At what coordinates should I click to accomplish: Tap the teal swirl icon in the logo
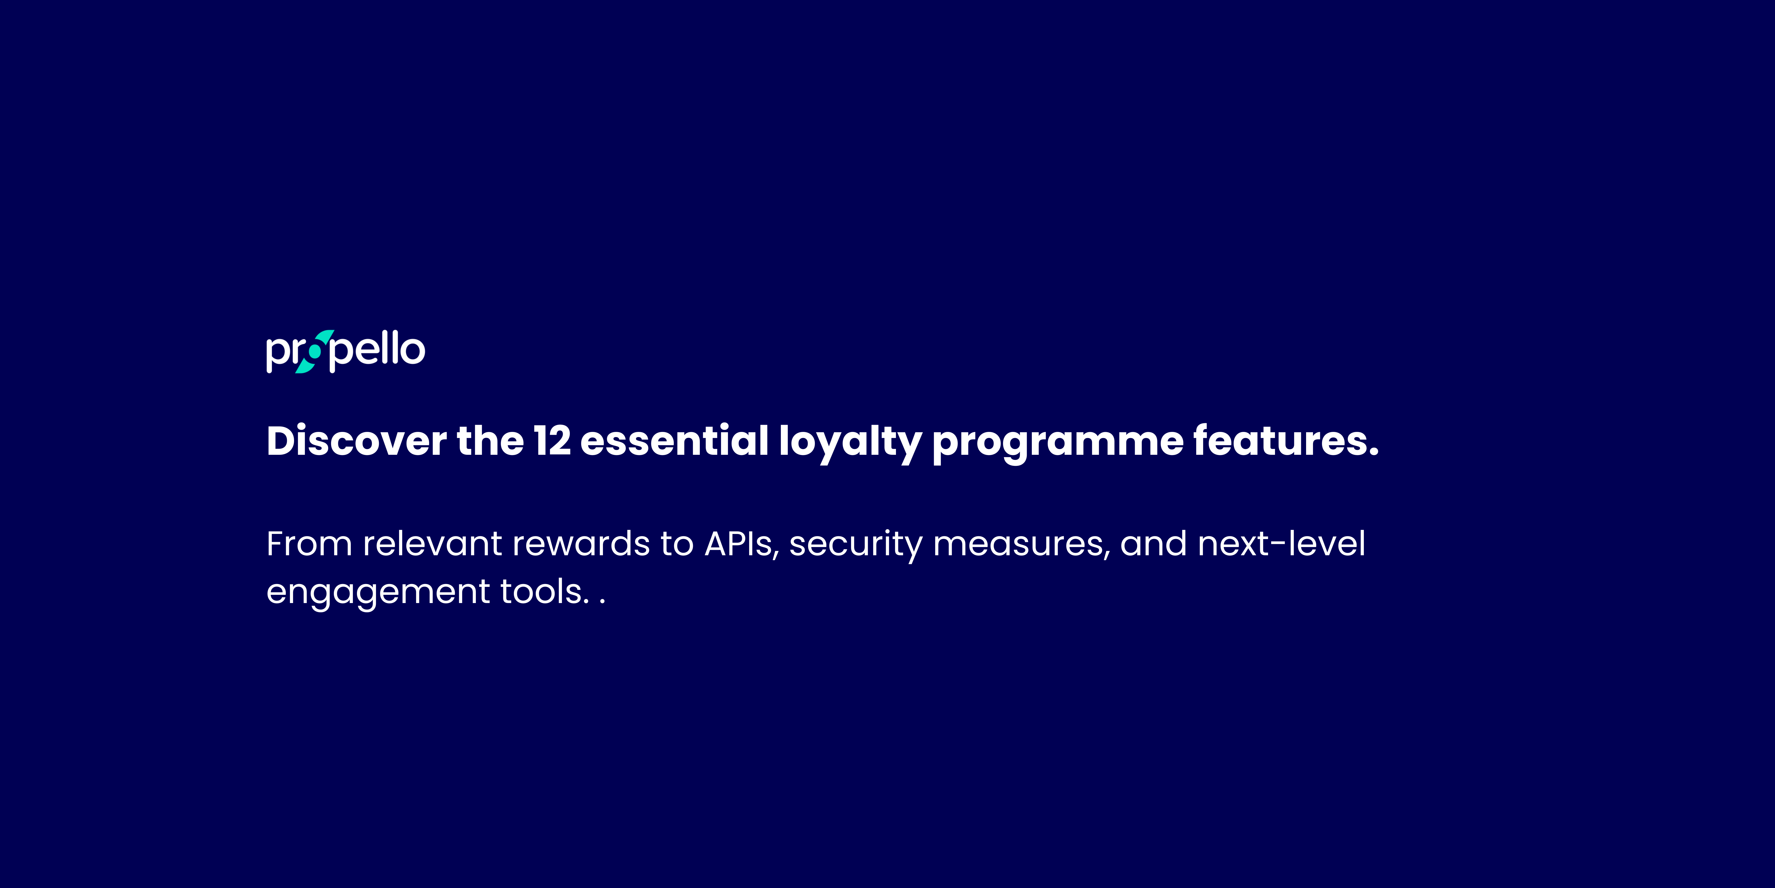click(314, 351)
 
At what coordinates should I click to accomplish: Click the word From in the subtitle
click(309, 544)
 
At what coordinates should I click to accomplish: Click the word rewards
click(581, 544)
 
